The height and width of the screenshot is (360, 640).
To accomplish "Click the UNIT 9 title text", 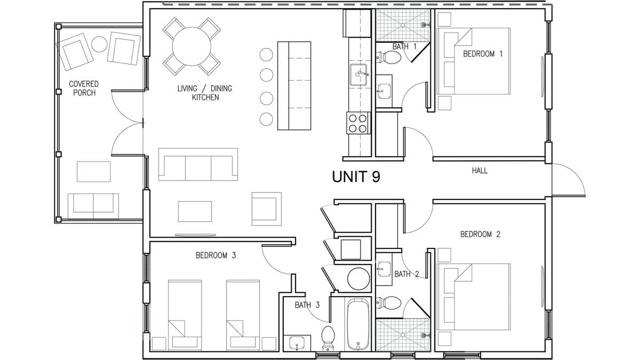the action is point(356,177).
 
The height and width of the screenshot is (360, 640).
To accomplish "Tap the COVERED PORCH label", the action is point(84,89).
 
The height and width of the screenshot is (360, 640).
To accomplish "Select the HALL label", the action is point(479,171).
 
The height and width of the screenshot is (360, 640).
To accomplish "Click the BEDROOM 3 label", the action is point(215,255).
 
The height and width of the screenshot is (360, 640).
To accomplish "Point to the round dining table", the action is point(191,46).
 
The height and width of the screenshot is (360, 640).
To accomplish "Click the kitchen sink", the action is point(358,75).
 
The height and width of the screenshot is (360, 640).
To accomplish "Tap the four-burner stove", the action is point(358,123).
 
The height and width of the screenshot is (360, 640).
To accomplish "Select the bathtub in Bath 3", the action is point(358,324).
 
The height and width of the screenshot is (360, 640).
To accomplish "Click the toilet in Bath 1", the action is point(388,57).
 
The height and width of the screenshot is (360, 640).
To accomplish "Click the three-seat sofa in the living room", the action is point(198,164).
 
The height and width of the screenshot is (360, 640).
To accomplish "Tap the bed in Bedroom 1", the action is point(474,61).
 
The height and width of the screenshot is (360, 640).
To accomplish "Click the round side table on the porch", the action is point(99,44).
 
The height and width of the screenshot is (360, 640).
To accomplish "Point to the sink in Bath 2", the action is point(383,269).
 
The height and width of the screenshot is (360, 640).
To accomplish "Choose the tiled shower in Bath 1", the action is point(403,25).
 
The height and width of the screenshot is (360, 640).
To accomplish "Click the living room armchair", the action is point(267,209).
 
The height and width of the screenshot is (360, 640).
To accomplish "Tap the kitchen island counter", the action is point(294,86).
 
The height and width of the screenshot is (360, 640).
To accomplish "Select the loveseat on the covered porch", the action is point(93,206).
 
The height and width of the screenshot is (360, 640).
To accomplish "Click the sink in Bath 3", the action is point(297,343).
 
